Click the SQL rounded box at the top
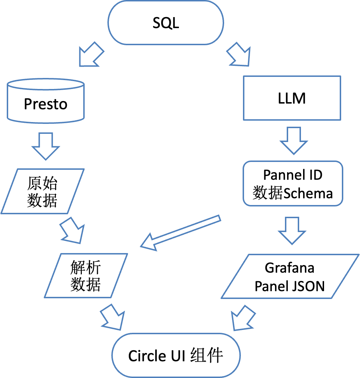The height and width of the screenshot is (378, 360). [166, 23]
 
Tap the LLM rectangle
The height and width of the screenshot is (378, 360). [292, 98]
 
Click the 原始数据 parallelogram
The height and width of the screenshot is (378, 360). [42, 191]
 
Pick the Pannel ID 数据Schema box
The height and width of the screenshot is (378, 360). [293, 184]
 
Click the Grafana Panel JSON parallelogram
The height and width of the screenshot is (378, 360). [290, 277]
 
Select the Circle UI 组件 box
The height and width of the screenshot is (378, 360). [176, 355]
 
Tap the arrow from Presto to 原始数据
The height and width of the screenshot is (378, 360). [46, 146]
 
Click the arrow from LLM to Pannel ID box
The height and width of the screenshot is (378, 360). [293, 141]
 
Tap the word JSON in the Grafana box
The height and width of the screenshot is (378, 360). [307, 286]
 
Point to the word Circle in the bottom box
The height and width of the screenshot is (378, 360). [146, 356]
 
